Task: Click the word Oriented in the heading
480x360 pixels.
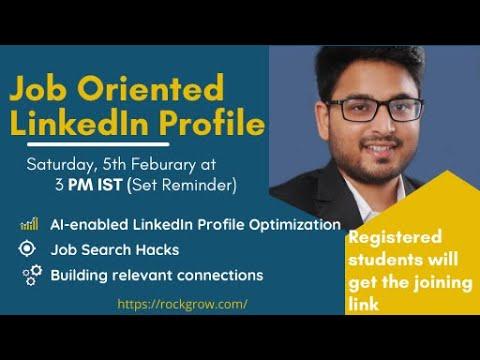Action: pos(150,87)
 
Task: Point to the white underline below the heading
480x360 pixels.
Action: pos(98,145)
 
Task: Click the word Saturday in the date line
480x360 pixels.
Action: pos(62,165)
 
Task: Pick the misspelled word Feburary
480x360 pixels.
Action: pos(163,165)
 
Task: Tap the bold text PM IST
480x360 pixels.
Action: pos(95,185)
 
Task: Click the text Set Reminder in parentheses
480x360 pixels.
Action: pos(182,185)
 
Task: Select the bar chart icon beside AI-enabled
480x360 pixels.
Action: pos(29,224)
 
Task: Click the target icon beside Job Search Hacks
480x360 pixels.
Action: pos(27,249)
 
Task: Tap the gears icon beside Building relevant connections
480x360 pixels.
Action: pos(32,275)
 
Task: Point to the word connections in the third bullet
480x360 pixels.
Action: pos(220,276)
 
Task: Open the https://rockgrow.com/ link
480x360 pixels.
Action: pos(182,304)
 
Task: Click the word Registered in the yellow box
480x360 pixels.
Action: pos(395,238)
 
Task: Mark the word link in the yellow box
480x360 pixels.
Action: pos(364,304)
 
